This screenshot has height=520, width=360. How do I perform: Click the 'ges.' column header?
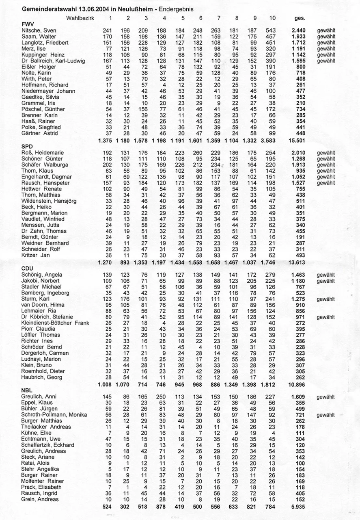coord(300,18)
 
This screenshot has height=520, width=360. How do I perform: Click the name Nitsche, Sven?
coord(39,30)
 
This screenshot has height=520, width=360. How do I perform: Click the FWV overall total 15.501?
coord(298,141)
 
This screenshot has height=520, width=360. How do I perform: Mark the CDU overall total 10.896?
coord(298,384)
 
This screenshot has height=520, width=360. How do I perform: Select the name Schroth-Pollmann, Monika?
coord(54,415)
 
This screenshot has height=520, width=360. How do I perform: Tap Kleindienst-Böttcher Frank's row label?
coord(55,323)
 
